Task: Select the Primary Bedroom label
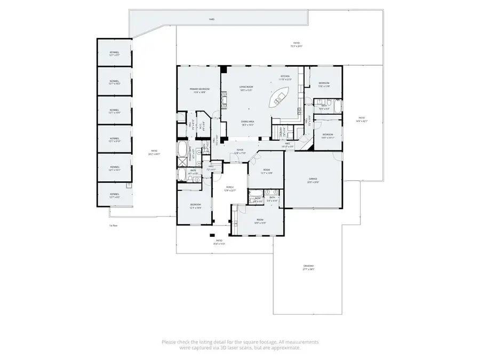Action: pyautogui.click(x=199, y=90)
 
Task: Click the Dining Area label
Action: pyautogui.click(x=247, y=122)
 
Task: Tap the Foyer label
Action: pyautogui.click(x=240, y=151)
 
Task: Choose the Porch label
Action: pyautogui.click(x=230, y=188)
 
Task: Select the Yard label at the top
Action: pyautogui.click(x=212, y=19)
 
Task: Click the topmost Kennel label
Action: pyautogui.click(x=115, y=53)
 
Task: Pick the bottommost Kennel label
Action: pyautogui.click(x=115, y=195)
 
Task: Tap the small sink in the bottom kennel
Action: pyautogui.click(x=129, y=186)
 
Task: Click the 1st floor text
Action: pyautogui.click(x=113, y=226)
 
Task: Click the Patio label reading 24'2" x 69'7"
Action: pyautogui.click(x=154, y=153)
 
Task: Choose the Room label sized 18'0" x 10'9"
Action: pyautogui.click(x=260, y=221)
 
